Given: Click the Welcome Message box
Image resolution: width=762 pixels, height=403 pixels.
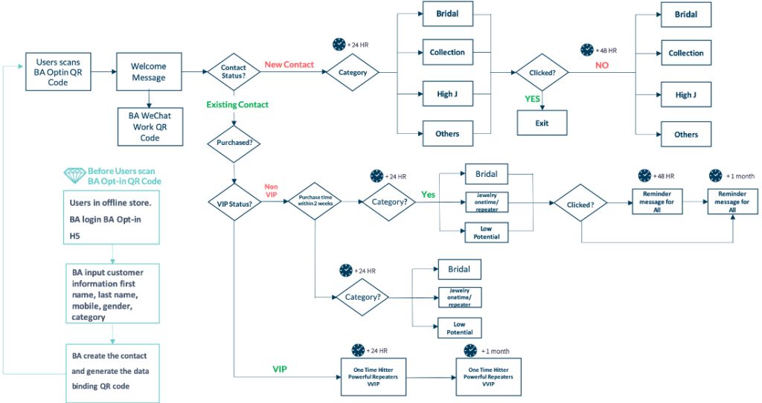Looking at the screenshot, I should (x=149, y=71).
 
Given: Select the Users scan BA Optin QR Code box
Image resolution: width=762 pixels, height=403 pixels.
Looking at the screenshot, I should (x=58, y=71).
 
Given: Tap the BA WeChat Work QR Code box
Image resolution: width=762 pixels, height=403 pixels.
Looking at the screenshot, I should (x=150, y=126).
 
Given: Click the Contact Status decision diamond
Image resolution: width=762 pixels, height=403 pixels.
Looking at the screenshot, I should (x=234, y=72).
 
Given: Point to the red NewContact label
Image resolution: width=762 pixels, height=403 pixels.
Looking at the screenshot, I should (x=289, y=65).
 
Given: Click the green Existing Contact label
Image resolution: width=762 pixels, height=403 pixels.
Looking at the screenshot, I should (x=238, y=104).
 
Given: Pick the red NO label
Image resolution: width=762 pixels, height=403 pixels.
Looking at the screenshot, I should (x=602, y=65).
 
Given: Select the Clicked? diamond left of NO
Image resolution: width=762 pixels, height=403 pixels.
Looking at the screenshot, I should (x=542, y=72).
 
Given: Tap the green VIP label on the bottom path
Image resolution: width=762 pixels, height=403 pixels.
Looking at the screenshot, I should (x=280, y=368).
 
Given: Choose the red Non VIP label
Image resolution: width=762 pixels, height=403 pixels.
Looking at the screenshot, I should (x=271, y=190).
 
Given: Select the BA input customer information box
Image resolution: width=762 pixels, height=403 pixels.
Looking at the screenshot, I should (x=112, y=293).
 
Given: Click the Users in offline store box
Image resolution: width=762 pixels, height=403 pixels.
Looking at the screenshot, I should (x=112, y=216).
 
